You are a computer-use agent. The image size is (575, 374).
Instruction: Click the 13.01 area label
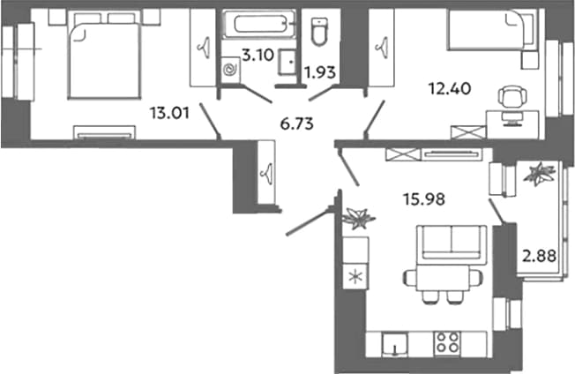169,113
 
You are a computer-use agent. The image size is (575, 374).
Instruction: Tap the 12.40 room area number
450,88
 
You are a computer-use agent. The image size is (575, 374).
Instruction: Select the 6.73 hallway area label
296,124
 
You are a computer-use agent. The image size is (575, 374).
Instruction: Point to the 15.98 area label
424,199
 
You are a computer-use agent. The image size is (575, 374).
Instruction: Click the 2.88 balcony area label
539,256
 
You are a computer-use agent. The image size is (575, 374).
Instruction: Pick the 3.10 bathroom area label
258,56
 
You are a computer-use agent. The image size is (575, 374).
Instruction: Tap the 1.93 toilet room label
321,72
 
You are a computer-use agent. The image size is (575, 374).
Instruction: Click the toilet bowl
320,32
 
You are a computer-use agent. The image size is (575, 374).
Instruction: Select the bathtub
259,24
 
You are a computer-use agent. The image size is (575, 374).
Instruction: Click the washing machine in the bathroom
231,70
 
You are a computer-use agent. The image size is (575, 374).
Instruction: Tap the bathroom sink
287,62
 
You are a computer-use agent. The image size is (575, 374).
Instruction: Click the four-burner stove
447,343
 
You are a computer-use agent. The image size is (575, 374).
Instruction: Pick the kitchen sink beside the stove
394,344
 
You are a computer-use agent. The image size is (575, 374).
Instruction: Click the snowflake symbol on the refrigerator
355,276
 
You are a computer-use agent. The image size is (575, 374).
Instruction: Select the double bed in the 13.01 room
105,55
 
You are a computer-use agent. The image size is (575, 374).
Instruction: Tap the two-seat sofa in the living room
451,243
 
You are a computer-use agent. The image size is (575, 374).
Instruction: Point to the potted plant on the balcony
539,174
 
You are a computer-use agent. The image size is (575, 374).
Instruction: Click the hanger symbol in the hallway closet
266,172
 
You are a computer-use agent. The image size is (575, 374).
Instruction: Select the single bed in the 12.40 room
492,29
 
